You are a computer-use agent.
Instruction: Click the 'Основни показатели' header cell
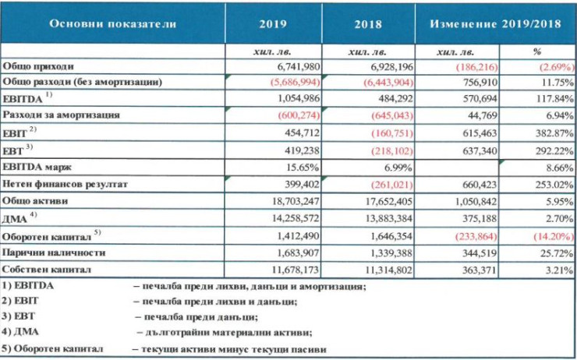pos(113,23)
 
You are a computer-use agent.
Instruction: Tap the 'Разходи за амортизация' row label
pos(62,114)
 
